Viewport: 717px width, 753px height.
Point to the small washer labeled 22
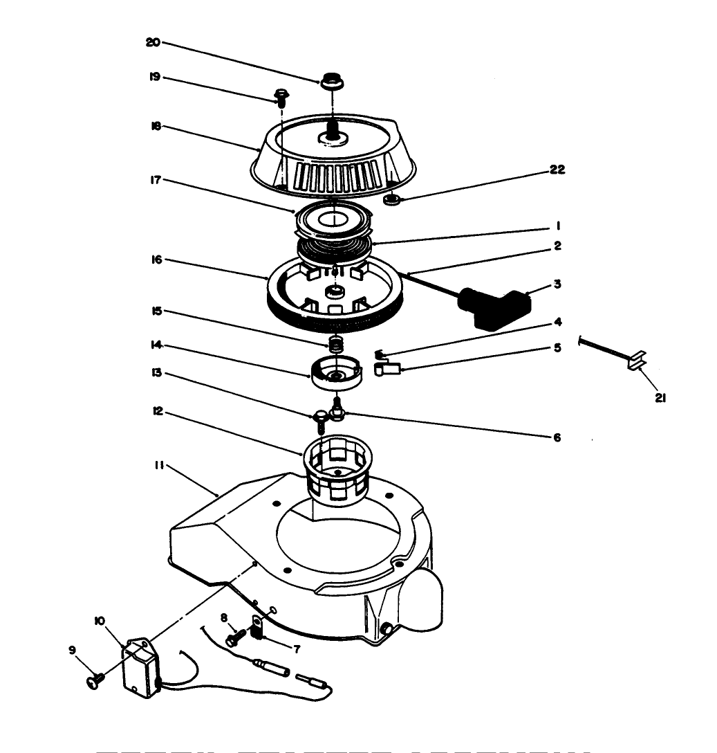coord(392,200)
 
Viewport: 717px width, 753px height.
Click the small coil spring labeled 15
coord(335,342)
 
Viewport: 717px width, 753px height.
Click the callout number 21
coord(660,398)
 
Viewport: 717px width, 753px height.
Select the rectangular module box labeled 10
coord(141,665)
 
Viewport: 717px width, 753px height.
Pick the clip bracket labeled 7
coord(258,629)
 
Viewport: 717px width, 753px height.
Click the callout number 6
coord(557,437)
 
